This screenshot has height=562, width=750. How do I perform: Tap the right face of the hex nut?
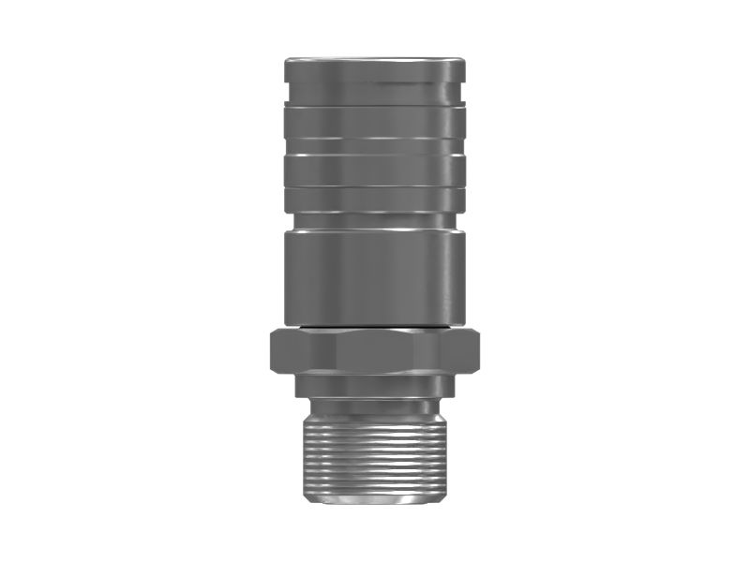[x=448, y=351]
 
